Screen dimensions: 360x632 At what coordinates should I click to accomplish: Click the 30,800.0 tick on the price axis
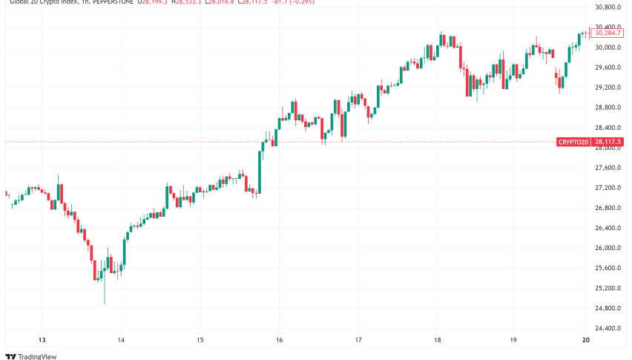[x=608, y=7]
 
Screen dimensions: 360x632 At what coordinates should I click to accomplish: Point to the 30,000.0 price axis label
[x=608, y=48]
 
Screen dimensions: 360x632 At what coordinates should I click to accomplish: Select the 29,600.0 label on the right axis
[x=608, y=68]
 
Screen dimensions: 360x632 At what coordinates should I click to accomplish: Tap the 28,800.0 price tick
[x=608, y=108]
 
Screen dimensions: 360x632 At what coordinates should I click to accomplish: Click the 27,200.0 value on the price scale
[x=608, y=188]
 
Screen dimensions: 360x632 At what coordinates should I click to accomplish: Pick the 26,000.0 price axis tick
[x=608, y=248]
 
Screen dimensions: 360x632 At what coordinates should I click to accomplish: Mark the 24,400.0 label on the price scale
[x=608, y=328]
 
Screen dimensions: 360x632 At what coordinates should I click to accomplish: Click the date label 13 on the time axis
[x=42, y=340]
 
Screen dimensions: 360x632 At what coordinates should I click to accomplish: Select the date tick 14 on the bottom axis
[x=121, y=340]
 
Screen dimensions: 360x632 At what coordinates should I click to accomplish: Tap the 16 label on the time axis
[x=279, y=340]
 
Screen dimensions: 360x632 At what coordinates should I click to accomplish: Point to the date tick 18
[x=438, y=340]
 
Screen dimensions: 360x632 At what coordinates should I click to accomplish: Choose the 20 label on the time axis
[x=586, y=340]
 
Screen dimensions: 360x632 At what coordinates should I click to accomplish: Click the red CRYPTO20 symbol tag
[x=573, y=142]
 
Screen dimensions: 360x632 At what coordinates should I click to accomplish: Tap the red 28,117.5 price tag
[x=608, y=142]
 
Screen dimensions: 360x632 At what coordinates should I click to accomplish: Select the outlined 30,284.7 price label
[x=608, y=33]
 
